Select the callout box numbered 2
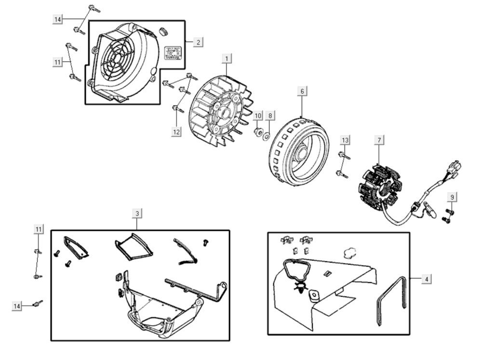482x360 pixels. click(198, 42)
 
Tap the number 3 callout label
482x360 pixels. click(137, 213)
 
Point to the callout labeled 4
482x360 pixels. click(426, 279)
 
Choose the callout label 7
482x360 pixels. click(379, 140)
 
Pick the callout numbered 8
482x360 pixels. click(270, 116)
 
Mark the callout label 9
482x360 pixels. click(452, 197)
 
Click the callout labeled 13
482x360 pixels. click(345, 140)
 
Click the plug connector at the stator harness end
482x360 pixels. click(454, 168)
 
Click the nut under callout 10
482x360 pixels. click(257, 131)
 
